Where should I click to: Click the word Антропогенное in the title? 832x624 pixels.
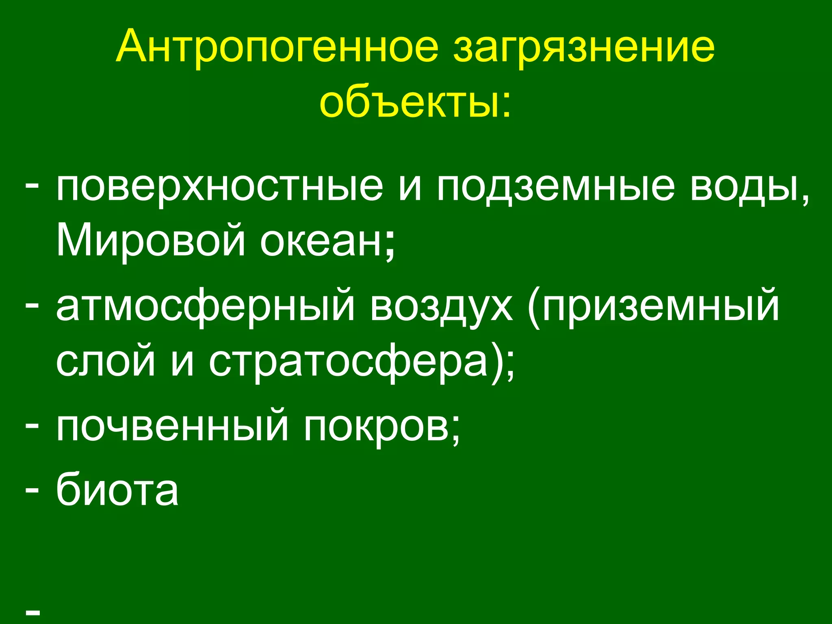[x=277, y=48]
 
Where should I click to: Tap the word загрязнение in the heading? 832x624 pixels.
[x=584, y=48]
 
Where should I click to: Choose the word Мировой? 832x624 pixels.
[x=151, y=240]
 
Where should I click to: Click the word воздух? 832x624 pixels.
[x=441, y=307]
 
